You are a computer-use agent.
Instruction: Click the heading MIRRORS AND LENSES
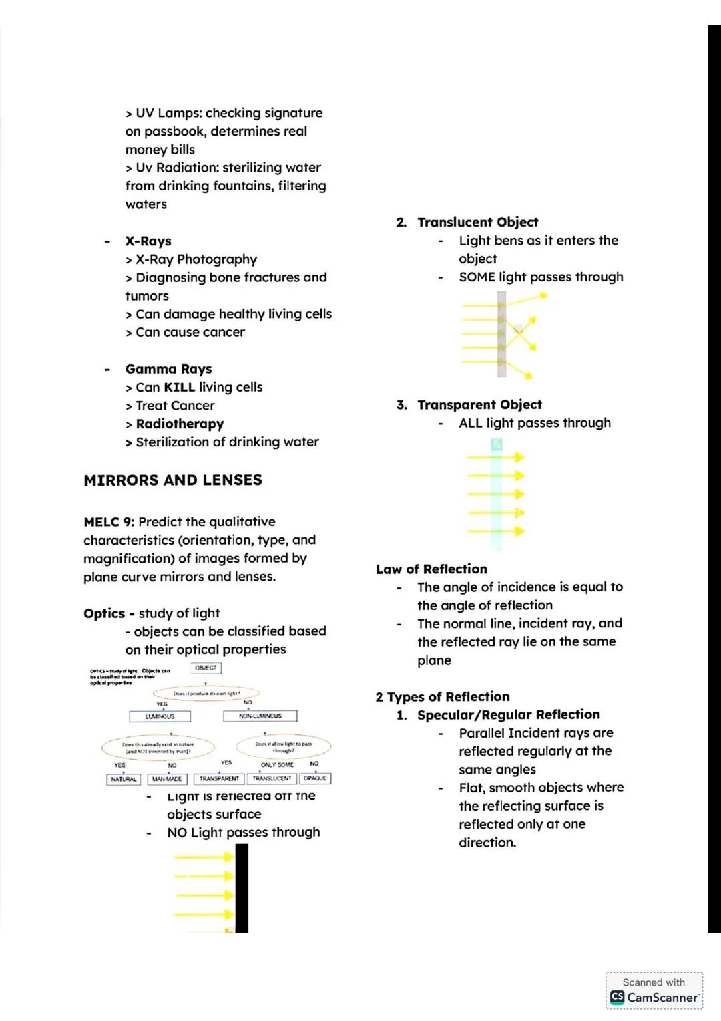[173, 480]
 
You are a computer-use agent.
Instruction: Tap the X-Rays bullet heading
[148, 241]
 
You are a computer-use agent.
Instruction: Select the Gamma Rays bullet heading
[168, 369]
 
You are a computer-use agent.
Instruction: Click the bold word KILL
[179, 387]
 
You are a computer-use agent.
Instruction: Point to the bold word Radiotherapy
[180, 424]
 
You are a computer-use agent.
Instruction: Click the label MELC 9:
[109, 521]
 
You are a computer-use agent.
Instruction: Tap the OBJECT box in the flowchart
[206, 668]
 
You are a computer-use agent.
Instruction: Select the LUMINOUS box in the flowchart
[160, 716]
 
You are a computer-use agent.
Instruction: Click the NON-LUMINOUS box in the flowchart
[260, 716]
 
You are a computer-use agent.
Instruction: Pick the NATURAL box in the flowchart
[124, 779]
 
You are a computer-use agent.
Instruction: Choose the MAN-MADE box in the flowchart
[167, 779]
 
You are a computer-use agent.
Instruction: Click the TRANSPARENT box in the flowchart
[219, 779]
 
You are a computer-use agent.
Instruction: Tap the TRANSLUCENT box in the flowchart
[272, 779]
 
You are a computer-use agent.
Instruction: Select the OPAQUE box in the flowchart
[315, 779]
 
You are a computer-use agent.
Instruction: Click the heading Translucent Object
[477, 222]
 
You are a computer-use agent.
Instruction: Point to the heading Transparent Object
[479, 404]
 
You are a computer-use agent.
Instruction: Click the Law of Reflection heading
[431, 569]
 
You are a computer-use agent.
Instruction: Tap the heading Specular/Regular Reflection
[508, 714]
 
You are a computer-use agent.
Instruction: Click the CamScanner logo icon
[618, 998]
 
